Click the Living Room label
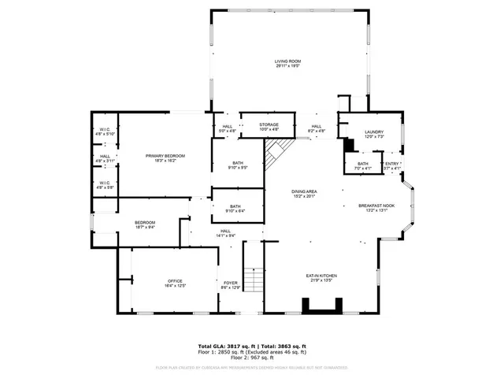[x=288, y=63]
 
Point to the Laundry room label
[x=373, y=135]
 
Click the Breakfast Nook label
[x=376, y=208]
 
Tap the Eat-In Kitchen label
[x=321, y=277]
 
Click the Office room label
[x=174, y=283]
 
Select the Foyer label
[x=230, y=285]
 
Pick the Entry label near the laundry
[x=392, y=166]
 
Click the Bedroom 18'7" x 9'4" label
[x=144, y=225]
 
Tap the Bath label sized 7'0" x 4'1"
[x=363, y=166]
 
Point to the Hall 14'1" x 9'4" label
[x=226, y=233]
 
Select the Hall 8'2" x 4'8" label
[x=316, y=128]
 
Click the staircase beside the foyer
[x=252, y=279]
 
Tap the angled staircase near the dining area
[x=275, y=153]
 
